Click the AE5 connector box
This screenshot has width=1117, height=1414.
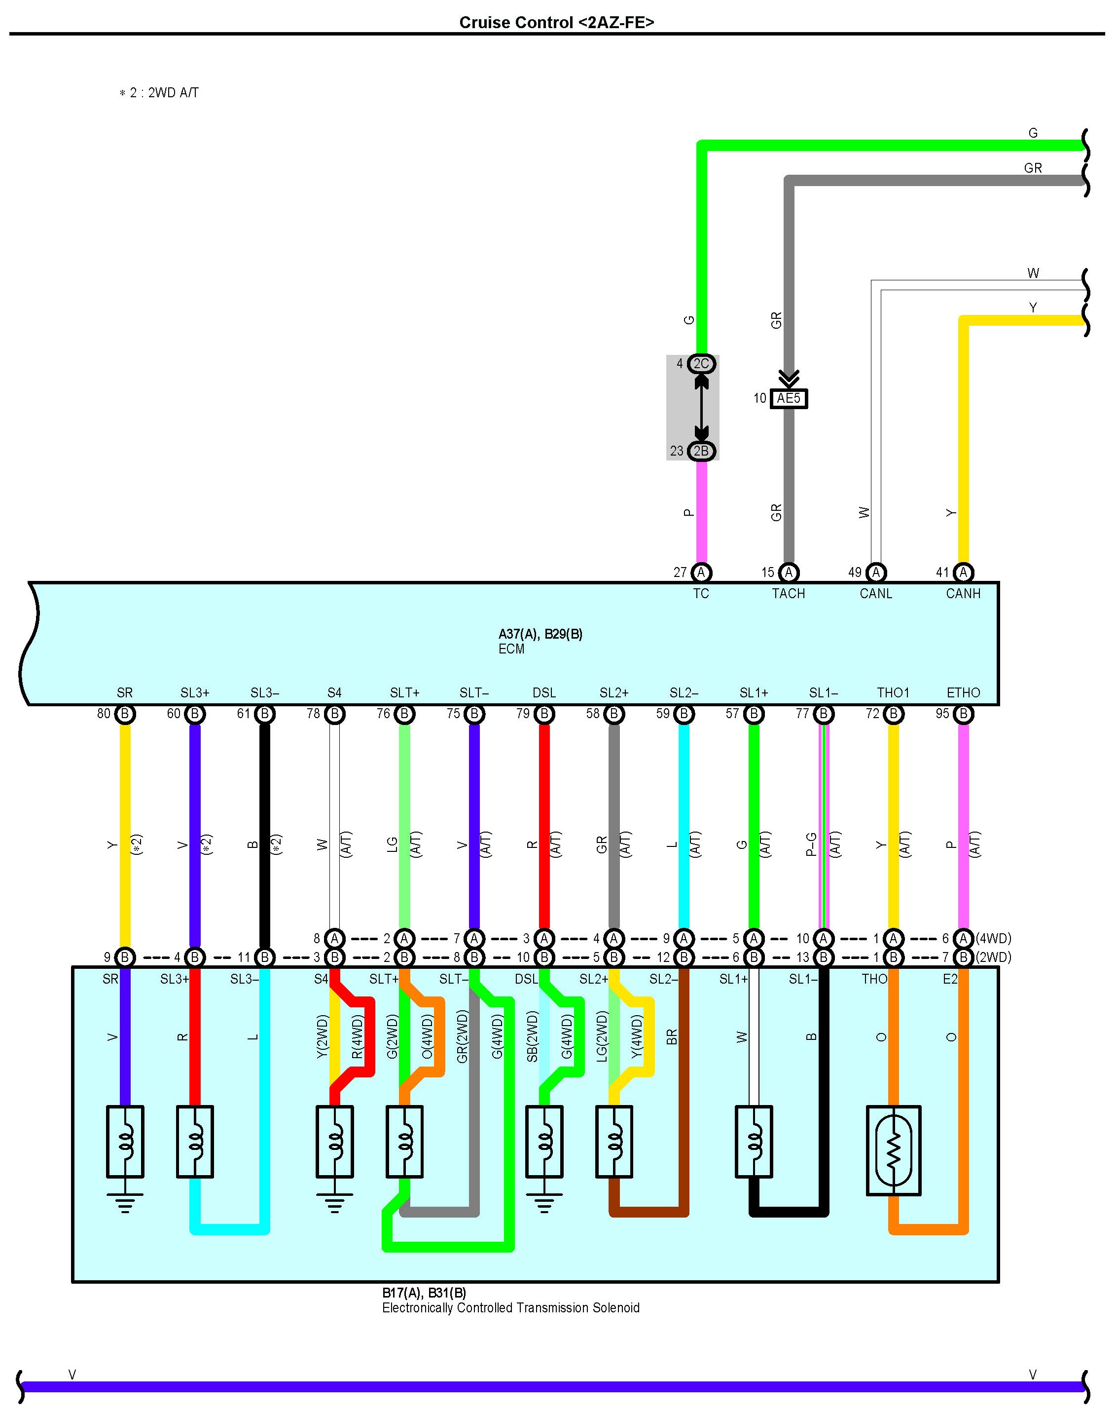(789, 398)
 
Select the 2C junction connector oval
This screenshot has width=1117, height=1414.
(701, 364)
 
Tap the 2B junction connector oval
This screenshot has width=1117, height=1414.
(701, 451)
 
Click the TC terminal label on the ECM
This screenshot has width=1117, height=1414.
(701, 593)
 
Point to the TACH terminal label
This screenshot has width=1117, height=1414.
(789, 593)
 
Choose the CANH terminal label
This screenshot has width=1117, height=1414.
(963, 593)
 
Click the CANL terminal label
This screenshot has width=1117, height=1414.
(876, 593)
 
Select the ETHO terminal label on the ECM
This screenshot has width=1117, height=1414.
(963, 692)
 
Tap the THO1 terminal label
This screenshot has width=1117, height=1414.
(893, 692)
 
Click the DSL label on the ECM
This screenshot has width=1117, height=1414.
(544, 692)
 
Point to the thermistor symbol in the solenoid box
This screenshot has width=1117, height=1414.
(893, 1150)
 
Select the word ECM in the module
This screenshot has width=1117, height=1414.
(511, 649)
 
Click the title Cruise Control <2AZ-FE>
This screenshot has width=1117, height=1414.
(557, 23)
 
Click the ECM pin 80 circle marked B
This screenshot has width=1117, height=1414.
(125, 714)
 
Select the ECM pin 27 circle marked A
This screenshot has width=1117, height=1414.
(701, 573)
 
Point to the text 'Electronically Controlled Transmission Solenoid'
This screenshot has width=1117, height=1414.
(511, 1308)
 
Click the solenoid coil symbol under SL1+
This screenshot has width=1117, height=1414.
(754, 1141)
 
